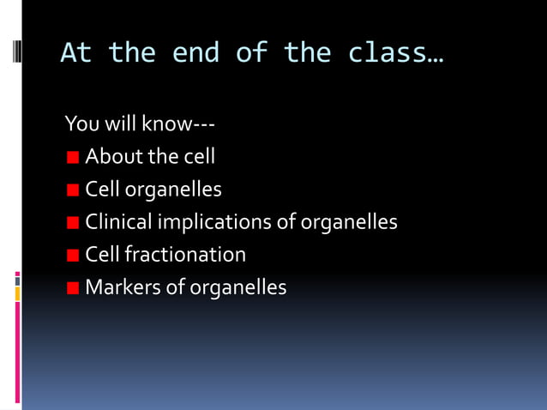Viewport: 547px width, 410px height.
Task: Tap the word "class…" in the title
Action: (396, 53)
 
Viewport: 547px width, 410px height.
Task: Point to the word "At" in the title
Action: (75, 53)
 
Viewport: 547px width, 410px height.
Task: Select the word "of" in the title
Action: (255, 53)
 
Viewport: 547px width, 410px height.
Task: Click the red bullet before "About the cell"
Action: (73, 157)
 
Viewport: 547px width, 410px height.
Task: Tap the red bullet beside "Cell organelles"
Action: (73, 190)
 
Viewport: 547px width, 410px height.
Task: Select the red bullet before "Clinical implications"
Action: (73, 222)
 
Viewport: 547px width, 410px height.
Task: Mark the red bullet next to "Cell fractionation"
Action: (73, 255)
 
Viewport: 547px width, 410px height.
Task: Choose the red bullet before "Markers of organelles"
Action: (73, 287)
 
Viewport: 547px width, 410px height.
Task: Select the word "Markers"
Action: (122, 286)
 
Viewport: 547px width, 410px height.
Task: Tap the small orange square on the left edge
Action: (17, 294)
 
